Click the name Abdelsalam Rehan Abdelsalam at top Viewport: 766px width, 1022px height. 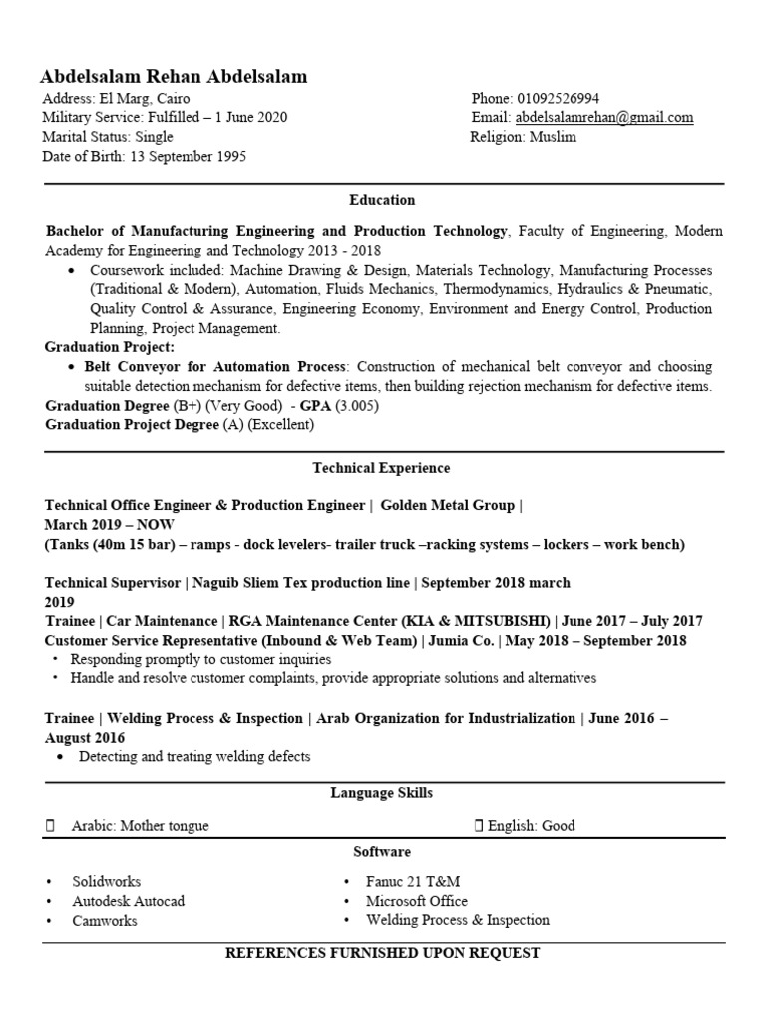[x=174, y=77]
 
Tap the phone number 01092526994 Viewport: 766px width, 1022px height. [x=558, y=98]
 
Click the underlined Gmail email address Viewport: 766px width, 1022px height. [x=603, y=118]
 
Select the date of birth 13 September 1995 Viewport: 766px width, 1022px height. [x=188, y=157]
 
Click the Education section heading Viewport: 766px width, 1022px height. [x=382, y=200]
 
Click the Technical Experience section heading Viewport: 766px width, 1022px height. [x=381, y=467]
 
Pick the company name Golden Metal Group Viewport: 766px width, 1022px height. [x=447, y=505]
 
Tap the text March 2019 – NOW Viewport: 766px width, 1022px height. [x=101, y=524]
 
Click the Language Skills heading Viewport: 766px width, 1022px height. [x=382, y=793]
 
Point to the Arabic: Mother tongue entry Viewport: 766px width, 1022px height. [x=140, y=826]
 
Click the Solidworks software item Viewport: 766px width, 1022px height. [x=106, y=882]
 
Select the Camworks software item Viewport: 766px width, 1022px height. [x=104, y=920]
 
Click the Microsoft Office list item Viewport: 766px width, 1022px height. [x=417, y=901]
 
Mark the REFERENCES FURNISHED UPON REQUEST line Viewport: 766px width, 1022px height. [x=382, y=953]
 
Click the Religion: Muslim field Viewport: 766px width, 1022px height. [x=524, y=137]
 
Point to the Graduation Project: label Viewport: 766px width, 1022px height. [x=110, y=347]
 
